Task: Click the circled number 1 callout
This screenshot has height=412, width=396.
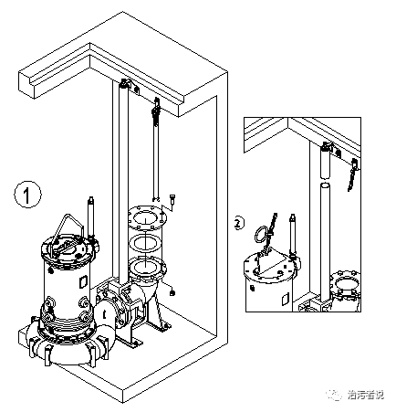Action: coord(28,194)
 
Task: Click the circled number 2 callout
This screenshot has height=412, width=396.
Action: coord(239,222)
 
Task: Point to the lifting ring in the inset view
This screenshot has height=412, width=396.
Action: coord(264,231)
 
